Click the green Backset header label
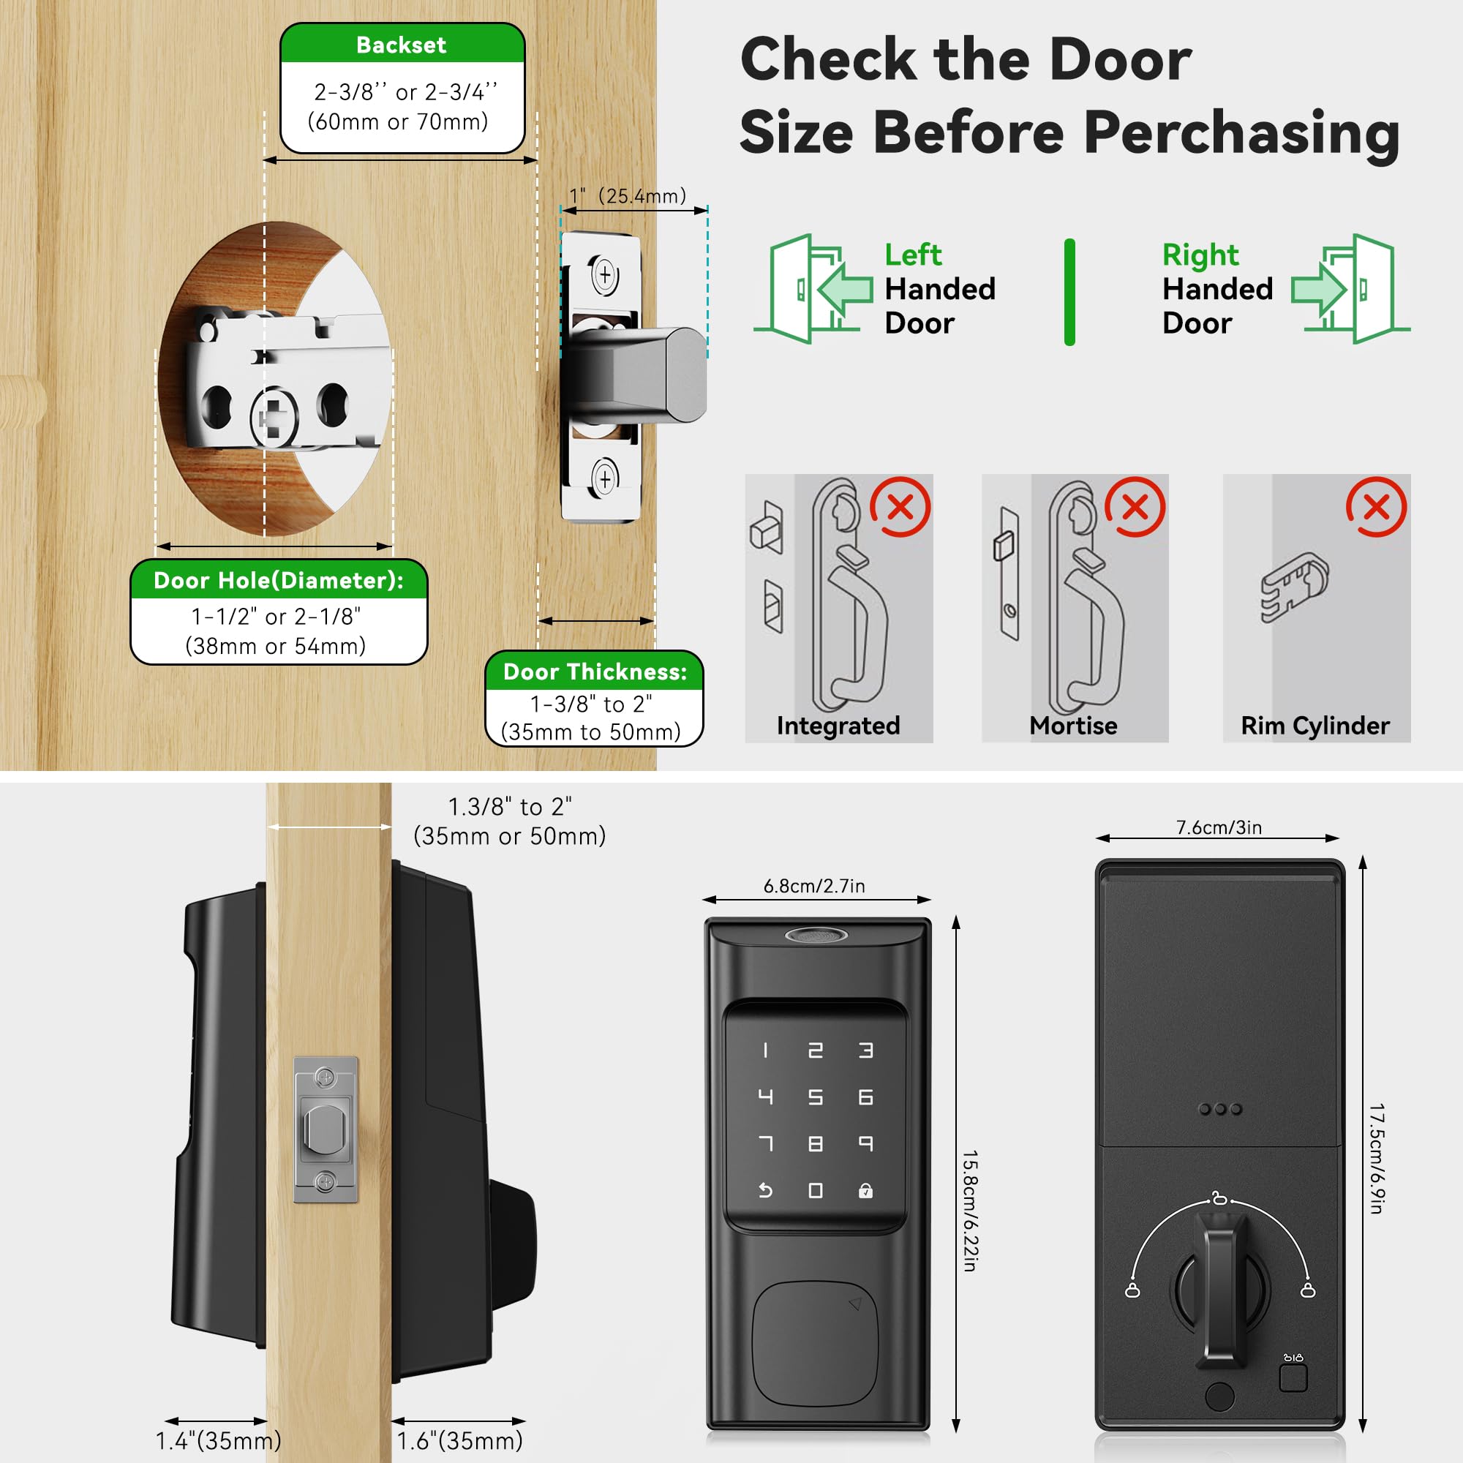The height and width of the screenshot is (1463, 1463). pyautogui.click(x=402, y=44)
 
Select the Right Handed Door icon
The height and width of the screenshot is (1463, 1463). pyautogui.click(x=1350, y=287)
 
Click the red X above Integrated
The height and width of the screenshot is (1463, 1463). pyautogui.click(x=900, y=507)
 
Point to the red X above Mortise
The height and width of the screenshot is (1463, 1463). pyautogui.click(x=1135, y=507)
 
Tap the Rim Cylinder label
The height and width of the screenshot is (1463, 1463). pyautogui.click(x=1315, y=726)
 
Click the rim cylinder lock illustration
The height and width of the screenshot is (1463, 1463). pyautogui.click(x=1294, y=587)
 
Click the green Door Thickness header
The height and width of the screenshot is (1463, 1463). pyautogui.click(x=595, y=672)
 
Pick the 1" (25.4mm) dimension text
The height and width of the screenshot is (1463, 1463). pyautogui.click(x=628, y=196)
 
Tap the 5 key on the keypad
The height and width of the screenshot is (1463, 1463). pyautogui.click(x=816, y=1097)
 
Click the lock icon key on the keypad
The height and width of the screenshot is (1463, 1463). pyautogui.click(x=865, y=1191)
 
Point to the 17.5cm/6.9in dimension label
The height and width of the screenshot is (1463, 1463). pyautogui.click(x=1377, y=1159)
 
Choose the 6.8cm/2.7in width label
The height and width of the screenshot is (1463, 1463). pyautogui.click(x=814, y=886)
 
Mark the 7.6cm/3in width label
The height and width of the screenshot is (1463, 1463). pyautogui.click(x=1219, y=827)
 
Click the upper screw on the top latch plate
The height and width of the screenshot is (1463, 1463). pyautogui.click(x=604, y=274)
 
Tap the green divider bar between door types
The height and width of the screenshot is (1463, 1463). pyautogui.click(x=1069, y=293)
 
